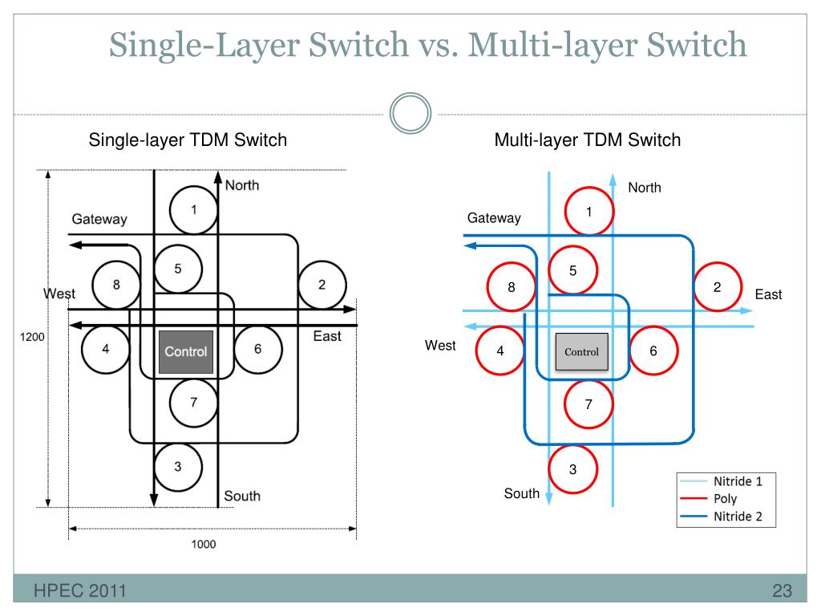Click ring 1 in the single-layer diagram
pyautogui.click(x=193, y=210)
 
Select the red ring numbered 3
pyautogui.click(x=572, y=469)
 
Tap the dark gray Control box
pyautogui.click(x=186, y=351)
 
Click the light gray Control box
pyautogui.click(x=582, y=351)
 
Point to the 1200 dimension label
pyautogui.click(x=33, y=337)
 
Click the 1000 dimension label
pyautogui.click(x=204, y=545)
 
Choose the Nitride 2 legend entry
pyautogui.click(x=738, y=516)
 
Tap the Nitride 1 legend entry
pyautogui.click(x=738, y=482)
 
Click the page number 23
pyautogui.click(x=782, y=593)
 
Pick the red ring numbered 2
pyautogui.click(x=718, y=287)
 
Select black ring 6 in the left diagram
pyautogui.click(x=257, y=350)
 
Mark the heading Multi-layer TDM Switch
pyautogui.click(x=587, y=140)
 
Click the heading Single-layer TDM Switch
pyautogui.click(x=187, y=140)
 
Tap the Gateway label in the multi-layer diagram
pyautogui.click(x=494, y=218)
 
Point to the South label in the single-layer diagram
pyautogui.click(x=242, y=496)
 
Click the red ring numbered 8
pyautogui.click(x=512, y=287)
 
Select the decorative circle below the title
pyautogui.click(x=410, y=115)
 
